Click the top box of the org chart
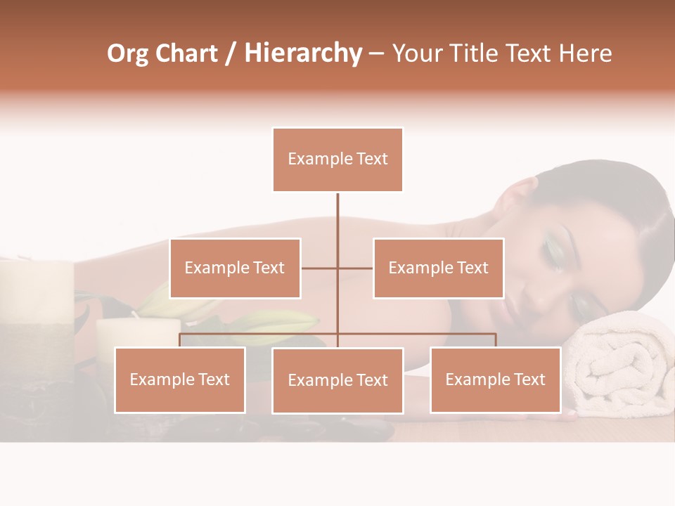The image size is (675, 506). click(x=337, y=160)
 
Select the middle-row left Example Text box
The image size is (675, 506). click(x=235, y=268)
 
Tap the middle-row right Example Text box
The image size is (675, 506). click(x=438, y=268)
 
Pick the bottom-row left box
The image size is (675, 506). click(x=180, y=379)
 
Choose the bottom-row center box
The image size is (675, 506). click(x=337, y=380)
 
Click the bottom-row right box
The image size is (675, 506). click(x=495, y=379)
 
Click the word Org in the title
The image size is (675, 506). click(x=127, y=53)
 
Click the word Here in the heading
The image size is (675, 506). click(x=585, y=53)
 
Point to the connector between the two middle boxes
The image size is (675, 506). click(x=337, y=268)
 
